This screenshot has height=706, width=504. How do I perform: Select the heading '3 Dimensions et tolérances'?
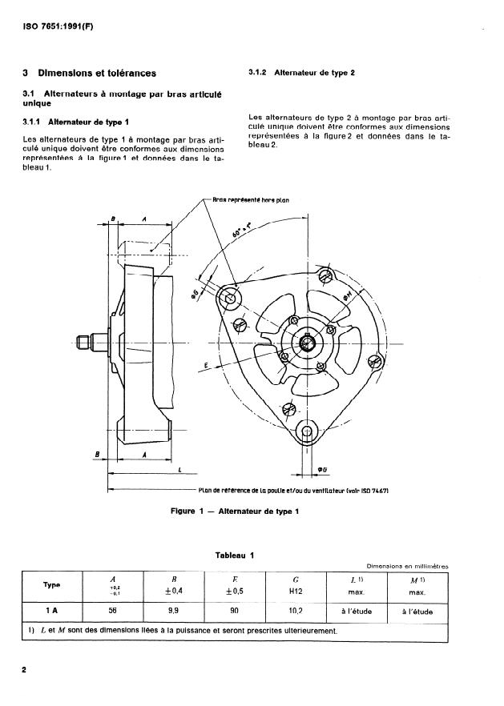tap(90, 74)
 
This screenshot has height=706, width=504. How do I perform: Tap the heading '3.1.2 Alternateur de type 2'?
tap(303, 72)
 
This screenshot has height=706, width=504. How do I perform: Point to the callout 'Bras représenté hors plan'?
tap(253, 201)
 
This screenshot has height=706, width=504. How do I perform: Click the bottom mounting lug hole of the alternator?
tap(306, 433)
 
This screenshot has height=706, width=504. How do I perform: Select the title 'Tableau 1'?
tap(234, 556)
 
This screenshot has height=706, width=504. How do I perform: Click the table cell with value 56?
tap(113, 610)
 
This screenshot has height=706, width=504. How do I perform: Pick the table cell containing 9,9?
tap(175, 610)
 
